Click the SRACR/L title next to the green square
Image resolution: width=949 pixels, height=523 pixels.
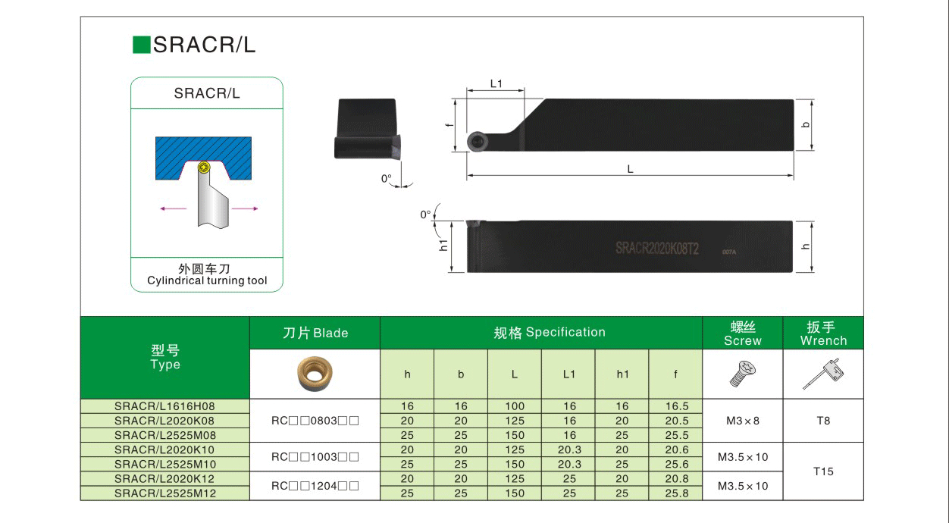(205, 45)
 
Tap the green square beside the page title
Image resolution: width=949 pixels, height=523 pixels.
(142, 45)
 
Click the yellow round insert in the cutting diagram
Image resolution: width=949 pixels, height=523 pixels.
(202, 167)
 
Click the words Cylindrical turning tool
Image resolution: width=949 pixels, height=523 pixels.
(207, 281)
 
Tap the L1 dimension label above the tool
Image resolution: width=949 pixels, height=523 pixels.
(496, 84)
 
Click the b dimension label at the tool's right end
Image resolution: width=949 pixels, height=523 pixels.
(805, 125)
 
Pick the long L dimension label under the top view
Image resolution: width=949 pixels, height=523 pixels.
(630, 170)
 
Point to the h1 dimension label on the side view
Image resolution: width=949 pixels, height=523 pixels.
(444, 245)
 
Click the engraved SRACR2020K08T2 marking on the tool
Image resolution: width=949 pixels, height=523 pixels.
(656, 248)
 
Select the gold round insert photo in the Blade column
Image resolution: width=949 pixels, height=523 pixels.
(314, 374)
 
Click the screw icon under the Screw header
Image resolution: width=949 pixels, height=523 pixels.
(742, 374)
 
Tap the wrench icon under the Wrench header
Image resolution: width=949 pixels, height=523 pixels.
(823, 374)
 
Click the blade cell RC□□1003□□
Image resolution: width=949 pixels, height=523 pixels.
(315, 457)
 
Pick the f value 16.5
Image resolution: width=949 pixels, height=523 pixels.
(676, 406)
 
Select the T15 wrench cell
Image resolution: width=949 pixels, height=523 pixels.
(823, 471)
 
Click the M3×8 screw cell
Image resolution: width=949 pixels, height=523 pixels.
(742, 421)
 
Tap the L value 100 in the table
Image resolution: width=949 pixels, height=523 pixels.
(515, 406)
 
